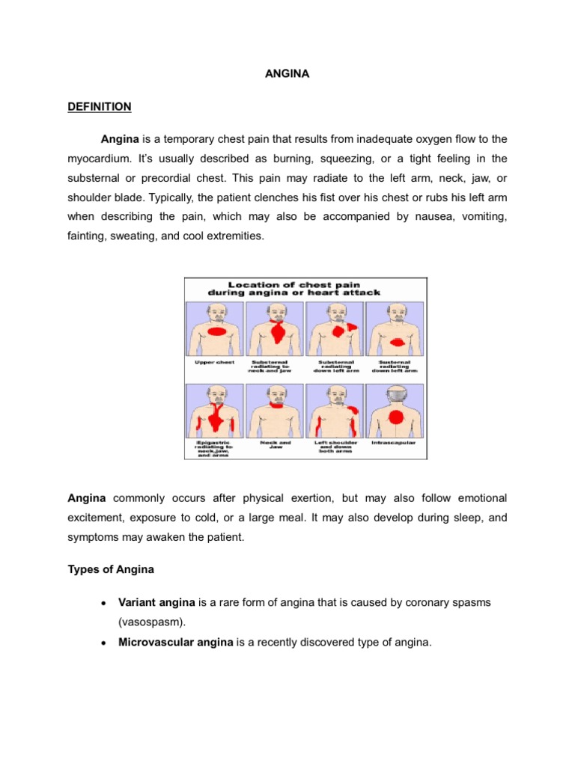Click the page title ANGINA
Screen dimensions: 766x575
pyautogui.click(x=287, y=75)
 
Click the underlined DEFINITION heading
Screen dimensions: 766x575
pyautogui.click(x=99, y=107)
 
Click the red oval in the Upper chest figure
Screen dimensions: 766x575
pyautogui.click(x=217, y=332)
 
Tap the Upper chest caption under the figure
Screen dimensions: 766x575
pyautogui.click(x=216, y=362)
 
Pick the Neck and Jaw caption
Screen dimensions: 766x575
pyautogui.click(x=276, y=445)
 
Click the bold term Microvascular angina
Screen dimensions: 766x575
pyautogui.click(x=175, y=641)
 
